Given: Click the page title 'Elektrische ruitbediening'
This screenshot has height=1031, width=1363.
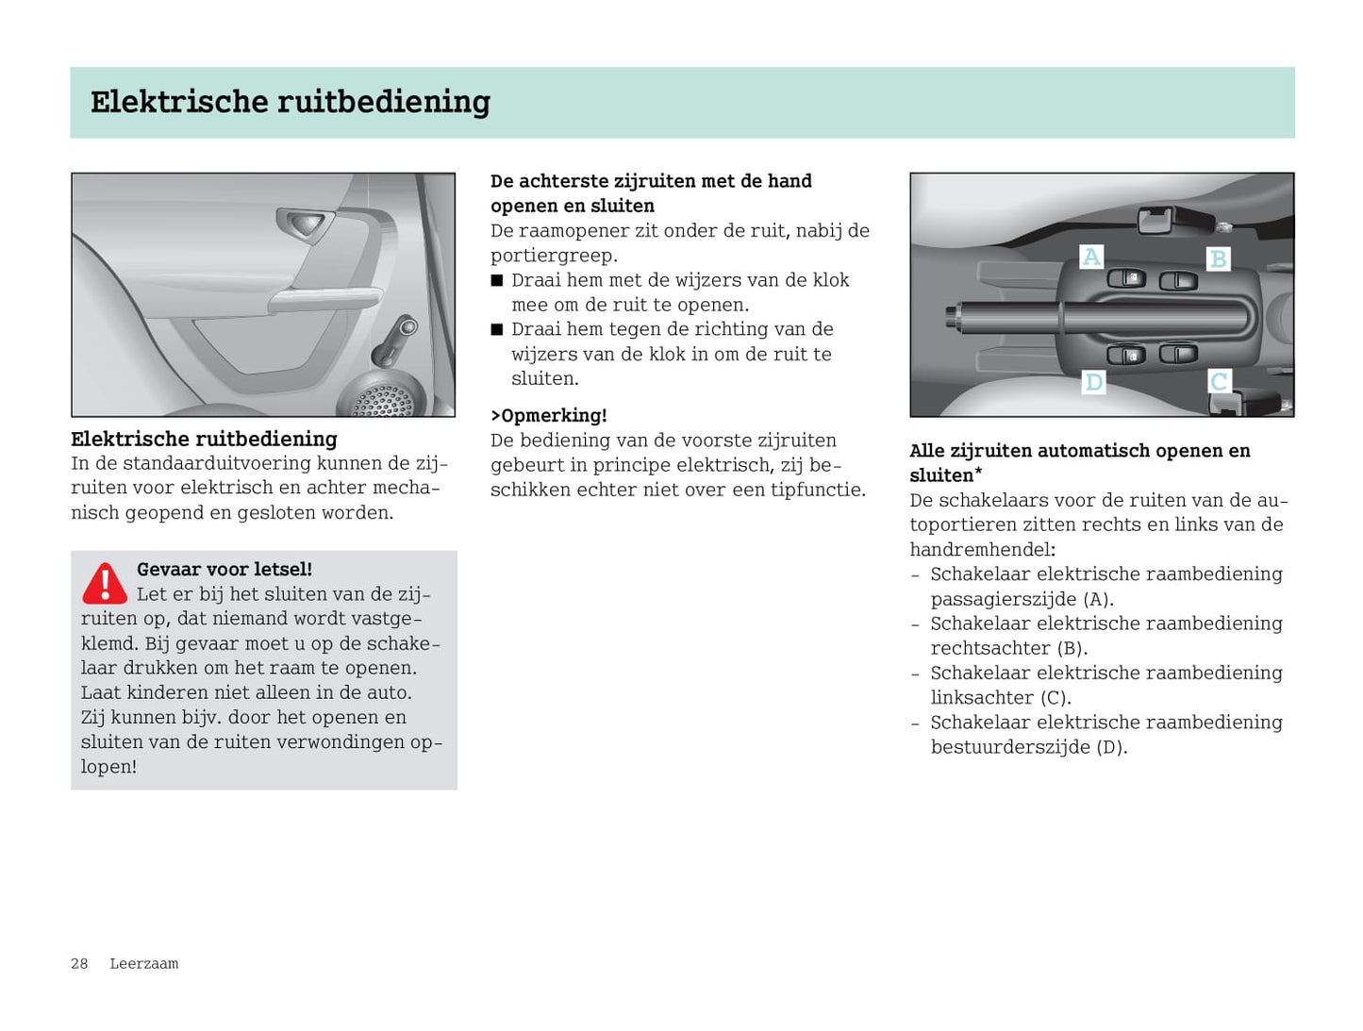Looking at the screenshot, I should coord(290,102).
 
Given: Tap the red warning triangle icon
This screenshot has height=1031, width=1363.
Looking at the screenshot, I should coord(105,584).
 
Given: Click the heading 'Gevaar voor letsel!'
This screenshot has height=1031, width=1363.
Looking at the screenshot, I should coord(224,569).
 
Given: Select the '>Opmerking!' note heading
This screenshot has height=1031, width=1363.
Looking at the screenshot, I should coord(548,415).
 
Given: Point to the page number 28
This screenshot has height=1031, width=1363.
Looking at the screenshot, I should coord(79,963).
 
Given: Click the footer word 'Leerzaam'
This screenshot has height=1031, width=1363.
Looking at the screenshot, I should coord(143,963).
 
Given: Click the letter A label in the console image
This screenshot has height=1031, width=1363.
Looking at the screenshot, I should coord(1091,257).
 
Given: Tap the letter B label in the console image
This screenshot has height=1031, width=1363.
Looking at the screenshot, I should coord(1219,258).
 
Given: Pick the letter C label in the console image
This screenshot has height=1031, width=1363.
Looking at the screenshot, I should coord(1219,381).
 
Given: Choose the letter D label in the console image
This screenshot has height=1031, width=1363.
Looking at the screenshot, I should coord(1093,382).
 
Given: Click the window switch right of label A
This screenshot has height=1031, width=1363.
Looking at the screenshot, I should coord(1126,277).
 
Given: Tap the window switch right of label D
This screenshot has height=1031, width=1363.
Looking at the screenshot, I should coord(1126,355).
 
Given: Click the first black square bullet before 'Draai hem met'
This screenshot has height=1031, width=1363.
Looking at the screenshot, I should coord(497,280).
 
